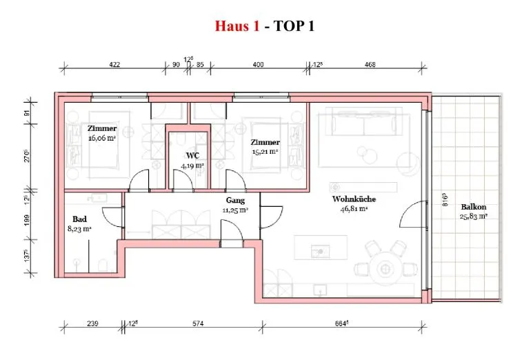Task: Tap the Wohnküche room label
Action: pyautogui.click(x=354, y=199)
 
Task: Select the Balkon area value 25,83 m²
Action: pyautogui.click(x=474, y=217)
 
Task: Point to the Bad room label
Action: pyautogui.click(x=79, y=219)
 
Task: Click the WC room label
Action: pyautogui.click(x=193, y=156)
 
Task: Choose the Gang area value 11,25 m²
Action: pyautogui.click(x=235, y=210)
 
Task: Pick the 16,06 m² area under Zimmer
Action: pyautogui.click(x=102, y=138)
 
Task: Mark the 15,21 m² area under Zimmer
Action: pyautogui.click(x=265, y=152)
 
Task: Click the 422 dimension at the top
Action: pyautogui.click(x=114, y=65)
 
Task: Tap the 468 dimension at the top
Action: pyautogui.click(x=370, y=65)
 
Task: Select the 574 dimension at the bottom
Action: pyautogui.click(x=198, y=323)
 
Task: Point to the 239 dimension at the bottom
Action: pyautogui.click(x=92, y=323)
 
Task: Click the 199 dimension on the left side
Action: pyautogui.click(x=27, y=220)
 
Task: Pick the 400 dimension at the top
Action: pyautogui.click(x=258, y=65)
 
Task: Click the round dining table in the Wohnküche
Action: pyautogui.click(x=385, y=268)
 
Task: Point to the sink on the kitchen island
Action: pyautogui.click(x=320, y=251)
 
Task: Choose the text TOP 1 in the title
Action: pyautogui.click(x=294, y=26)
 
